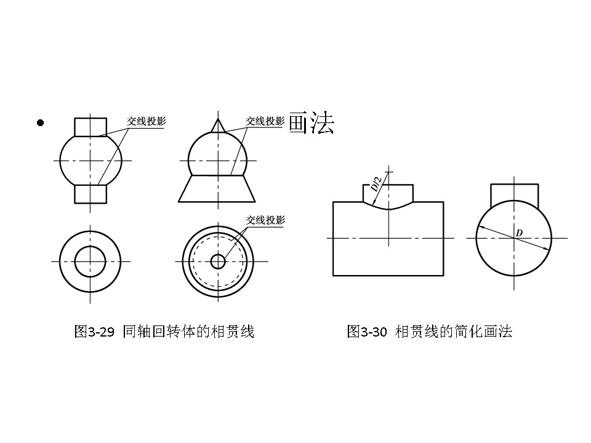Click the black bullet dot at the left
[41, 123]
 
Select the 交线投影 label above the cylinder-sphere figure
[147, 121]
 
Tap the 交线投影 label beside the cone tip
[265, 121]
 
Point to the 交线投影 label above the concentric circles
[265, 220]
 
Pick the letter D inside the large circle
[519, 233]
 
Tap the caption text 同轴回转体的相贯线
[188, 332]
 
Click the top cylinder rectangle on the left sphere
[90, 127]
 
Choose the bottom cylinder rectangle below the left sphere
[90, 193]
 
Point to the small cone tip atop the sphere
[217, 124]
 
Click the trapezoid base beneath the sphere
[217, 189]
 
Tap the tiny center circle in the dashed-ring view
[217, 261]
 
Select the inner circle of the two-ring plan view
[90, 261]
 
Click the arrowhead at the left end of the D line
[481, 228]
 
